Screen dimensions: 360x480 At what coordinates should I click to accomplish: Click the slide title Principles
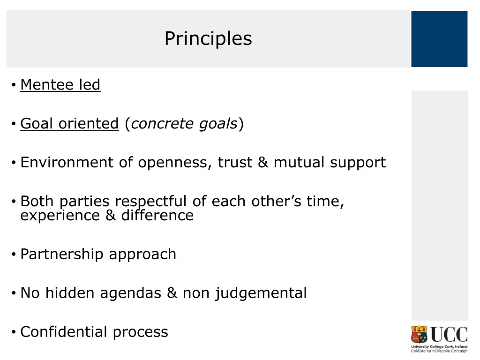pos(208,38)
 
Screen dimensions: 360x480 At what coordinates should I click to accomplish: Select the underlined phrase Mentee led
pos(60,85)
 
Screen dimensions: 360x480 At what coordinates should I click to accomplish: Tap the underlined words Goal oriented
pos(69,124)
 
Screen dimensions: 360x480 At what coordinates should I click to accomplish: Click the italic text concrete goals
pos(184,124)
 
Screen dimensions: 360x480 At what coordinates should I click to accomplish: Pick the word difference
pos(157,216)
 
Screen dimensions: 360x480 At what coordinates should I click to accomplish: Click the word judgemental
pos(261,293)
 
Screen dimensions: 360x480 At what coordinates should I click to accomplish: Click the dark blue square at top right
pos(439,39)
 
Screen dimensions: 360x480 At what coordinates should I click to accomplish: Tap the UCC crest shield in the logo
pos(420,335)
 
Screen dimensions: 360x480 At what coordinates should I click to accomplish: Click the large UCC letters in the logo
pos(449,335)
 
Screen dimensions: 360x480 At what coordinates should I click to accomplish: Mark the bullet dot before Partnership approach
pos(14,255)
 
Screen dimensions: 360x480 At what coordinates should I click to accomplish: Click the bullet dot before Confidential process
pos(14,332)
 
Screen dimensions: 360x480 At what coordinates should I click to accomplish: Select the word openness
pos(175,163)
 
